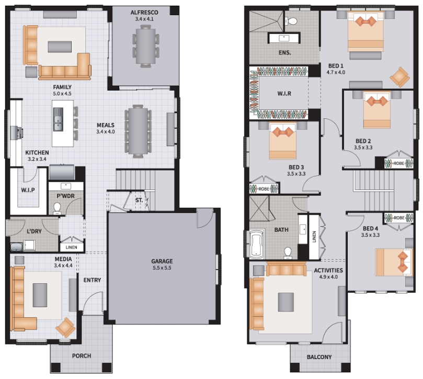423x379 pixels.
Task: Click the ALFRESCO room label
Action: pyautogui.click(x=144, y=13)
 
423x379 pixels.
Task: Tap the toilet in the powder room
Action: pyautogui.click(x=57, y=208)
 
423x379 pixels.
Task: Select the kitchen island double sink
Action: pyautogui.click(x=58, y=119)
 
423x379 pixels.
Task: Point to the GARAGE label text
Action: pyautogui.click(x=162, y=261)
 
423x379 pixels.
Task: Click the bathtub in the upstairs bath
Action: pyautogui.click(x=257, y=244)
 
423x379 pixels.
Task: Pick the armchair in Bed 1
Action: pyautogui.click(x=400, y=77)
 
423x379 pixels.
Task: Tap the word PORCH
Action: pyautogui.click(x=82, y=356)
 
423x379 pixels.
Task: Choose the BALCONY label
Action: pyautogui.click(x=319, y=357)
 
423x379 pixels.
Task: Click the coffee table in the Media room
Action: pyautogui.click(x=40, y=295)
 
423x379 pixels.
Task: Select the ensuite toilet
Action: pyautogui.click(x=291, y=21)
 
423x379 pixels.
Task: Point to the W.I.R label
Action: pyautogui.click(x=284, y=94)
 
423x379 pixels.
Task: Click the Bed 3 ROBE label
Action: pyautogui.click(x=264, y=189)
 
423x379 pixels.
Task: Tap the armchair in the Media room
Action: pyautogui.click(x=65, y=327)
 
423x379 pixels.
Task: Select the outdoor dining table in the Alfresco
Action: pyautogui.click(x=146, y=46)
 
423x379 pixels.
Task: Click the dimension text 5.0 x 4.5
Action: pyautogui.click(x=62, y=94)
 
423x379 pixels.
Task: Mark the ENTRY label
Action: pyautogui.click(x=92, y=280)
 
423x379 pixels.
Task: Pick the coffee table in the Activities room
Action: pyautogui.click(x=286, y=302)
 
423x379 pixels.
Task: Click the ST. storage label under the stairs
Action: pyautogui.click(x=139, y=200)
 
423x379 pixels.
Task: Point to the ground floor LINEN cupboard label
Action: pyautogui.click(x=72, y=247)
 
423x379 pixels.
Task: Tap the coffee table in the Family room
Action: pyautogui.click(x=60, y=47)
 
